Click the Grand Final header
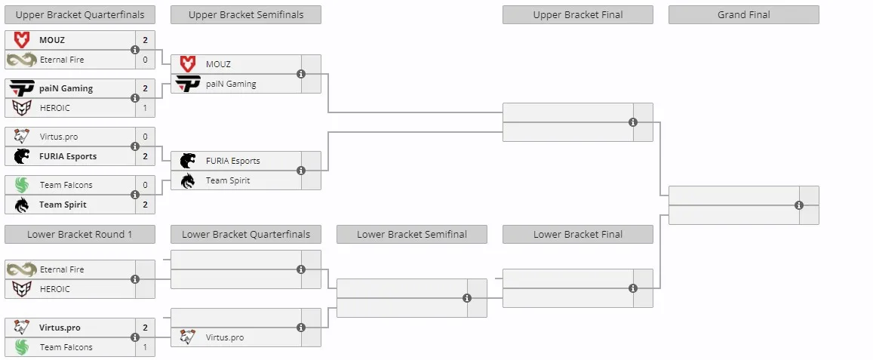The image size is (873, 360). click(x=743, y=15)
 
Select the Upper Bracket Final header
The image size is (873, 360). click(x=577, y=15)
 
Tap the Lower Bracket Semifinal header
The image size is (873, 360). click(x=411, y=235)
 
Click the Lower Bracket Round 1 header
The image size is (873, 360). click(x=80, y=235)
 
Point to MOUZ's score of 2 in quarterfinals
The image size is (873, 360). click(x=146, y=40)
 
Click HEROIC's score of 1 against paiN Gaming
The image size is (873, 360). click(x=146, y=108)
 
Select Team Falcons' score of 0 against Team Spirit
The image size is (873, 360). click(x=146, y=185)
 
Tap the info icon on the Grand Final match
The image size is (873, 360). click(x=799, y=205)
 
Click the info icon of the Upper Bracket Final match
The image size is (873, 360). click(x=633, y=122)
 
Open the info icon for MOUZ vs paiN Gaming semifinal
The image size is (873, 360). click(x=301, y=73)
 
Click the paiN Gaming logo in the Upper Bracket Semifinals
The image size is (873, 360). click(x=188, y=84)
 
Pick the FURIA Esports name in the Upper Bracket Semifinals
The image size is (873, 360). click(x=232, y=161)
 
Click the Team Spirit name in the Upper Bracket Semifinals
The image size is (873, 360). click(x=228, y=180)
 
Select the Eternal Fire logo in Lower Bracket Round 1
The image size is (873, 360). click(x=22, y=269)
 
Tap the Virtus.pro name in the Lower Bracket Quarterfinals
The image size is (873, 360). click(x=224, y=337)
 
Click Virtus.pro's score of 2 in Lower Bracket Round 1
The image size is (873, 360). click(x=146, y=328)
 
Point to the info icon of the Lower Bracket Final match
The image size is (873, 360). click(x=633, y=288)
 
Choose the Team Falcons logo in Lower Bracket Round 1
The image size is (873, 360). click(x=22, y=347)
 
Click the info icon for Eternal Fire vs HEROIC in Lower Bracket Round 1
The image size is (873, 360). click(x=135, y=279)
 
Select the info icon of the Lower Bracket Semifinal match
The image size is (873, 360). click(x=467, y=298)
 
